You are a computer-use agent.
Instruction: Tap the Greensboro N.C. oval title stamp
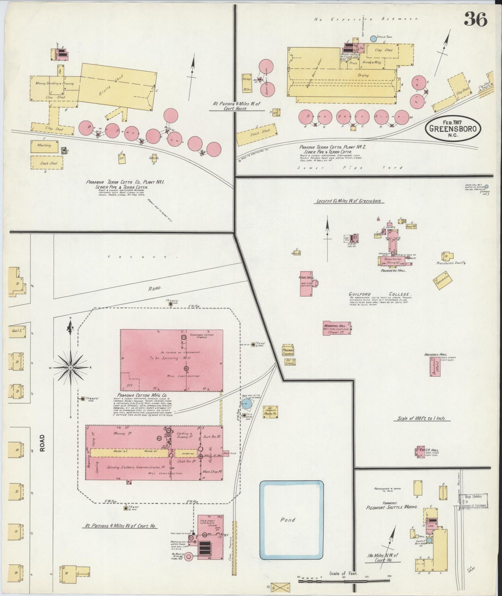[x=453, y=129]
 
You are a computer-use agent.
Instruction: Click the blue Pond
[x=292, y=520]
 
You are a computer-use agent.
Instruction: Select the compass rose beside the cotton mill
[x=71, y=368]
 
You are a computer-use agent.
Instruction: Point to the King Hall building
[x=306, y=283]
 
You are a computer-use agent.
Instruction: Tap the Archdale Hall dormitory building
[x=435, y=366]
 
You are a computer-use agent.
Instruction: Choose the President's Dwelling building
[x=447, y=256]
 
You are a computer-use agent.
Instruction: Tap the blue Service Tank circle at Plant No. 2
[x=373, y=39]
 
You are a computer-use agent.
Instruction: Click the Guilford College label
[x=380, y=294]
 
